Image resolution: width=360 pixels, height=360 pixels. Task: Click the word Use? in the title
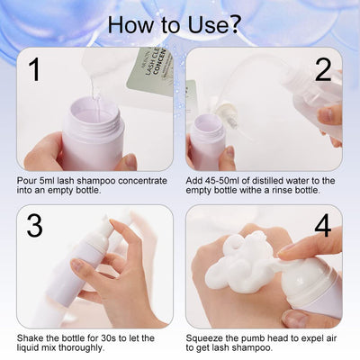pyautogui.click(x=213, y=24)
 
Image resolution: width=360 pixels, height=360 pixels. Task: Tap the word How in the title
pyautogui.click(x=130, y=24)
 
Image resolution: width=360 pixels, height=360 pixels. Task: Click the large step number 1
pyautogui.click(x=35, y=70)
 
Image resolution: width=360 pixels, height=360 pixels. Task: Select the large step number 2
pyautogui.click(x=323, y=70)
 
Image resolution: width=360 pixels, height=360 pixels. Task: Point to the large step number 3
pyautogui.click(x=34, y=226)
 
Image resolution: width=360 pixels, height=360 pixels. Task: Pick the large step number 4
pyautogui.click(x=323, y=226)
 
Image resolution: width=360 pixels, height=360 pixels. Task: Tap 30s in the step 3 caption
pyautogui.click(x=108, y=338)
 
